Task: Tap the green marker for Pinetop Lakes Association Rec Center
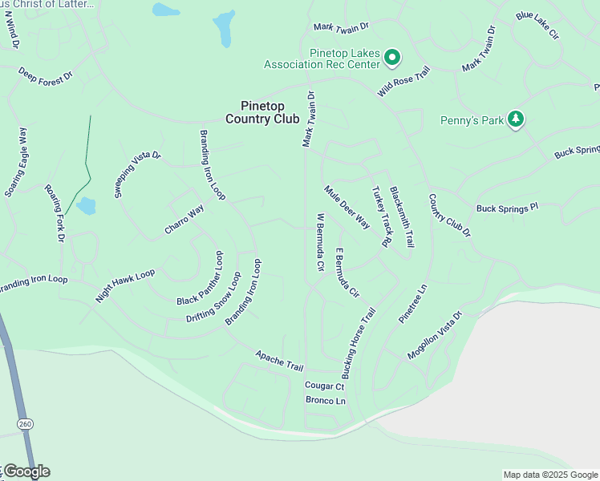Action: coord(392,56)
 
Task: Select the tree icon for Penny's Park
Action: coord(516,120)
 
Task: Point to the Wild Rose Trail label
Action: coord(405,82)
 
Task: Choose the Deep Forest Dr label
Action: coord(45,75)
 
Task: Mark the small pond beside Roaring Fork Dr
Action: coord(86,206)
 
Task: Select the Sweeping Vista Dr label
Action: coord(137,174)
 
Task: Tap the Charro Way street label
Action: coord(184,220)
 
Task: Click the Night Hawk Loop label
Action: coord(125,285)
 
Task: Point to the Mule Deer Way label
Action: coord(347,208)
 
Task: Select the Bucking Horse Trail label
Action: coord(358,343)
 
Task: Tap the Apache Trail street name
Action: coord(279,361)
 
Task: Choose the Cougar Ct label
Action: coord(324,386)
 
